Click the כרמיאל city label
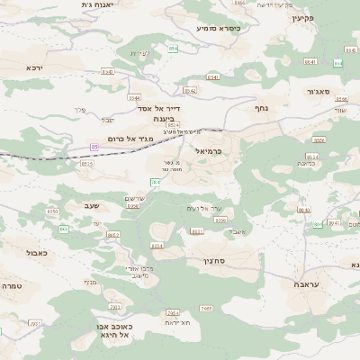(207, 152)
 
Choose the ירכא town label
(35, 67)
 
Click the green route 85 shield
(94, 146)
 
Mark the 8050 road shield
(52, 211)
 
